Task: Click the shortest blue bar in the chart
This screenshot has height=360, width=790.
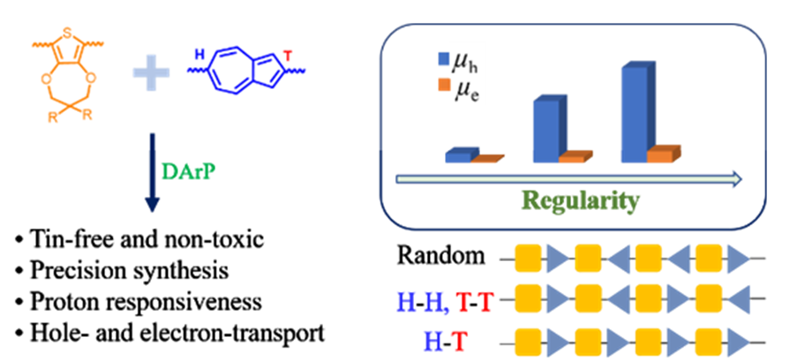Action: pos(460,156)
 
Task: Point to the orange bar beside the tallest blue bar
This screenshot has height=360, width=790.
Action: pos(662,155)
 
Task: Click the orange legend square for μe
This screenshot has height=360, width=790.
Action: pos(443,87)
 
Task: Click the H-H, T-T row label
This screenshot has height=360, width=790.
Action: pos(440,299)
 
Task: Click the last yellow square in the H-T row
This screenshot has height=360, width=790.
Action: pos(710,341)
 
